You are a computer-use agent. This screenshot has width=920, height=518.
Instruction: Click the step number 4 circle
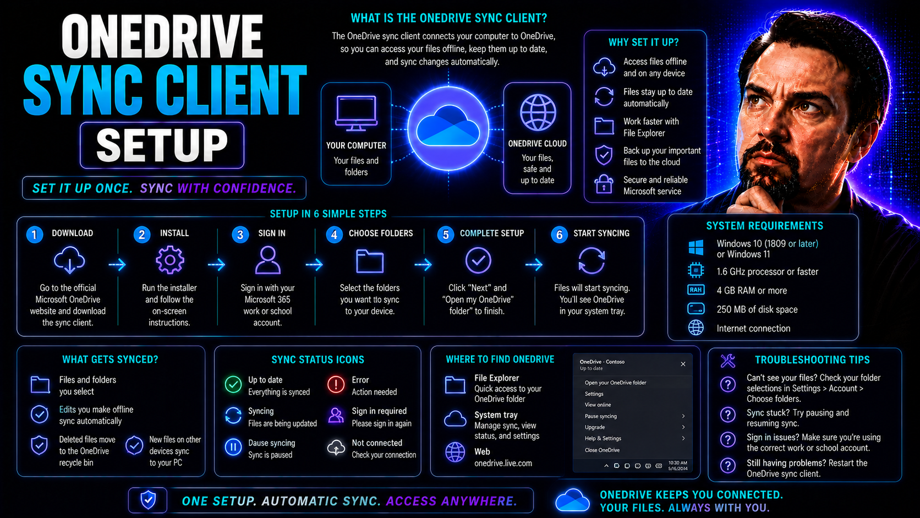pos(334,235)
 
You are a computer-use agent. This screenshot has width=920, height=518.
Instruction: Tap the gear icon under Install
pos(169,260)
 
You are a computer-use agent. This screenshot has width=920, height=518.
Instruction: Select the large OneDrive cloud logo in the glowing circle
pos(448,126)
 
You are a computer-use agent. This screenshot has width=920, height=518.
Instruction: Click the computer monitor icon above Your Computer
pos(356,113)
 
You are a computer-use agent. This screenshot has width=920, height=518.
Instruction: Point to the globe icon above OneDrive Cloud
pos(538,112)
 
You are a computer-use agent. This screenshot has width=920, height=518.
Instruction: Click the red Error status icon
pos(336,385)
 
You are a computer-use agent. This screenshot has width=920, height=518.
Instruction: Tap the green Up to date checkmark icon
pos(233,385)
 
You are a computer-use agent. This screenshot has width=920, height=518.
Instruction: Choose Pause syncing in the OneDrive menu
pos(600,416)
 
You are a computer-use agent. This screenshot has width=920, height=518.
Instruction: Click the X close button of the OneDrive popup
pos(683,364)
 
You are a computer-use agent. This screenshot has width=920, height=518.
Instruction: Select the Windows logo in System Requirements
pos(696,248)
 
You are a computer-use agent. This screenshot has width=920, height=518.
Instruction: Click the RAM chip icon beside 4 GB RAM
pos(696,290)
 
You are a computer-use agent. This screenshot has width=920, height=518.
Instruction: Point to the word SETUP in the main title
pos(162,145)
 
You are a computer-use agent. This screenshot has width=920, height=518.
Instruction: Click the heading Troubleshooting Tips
pos(812,360)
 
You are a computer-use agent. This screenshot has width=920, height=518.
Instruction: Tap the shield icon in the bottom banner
pos(148,500)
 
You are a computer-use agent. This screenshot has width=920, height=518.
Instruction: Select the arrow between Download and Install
pos(117,265)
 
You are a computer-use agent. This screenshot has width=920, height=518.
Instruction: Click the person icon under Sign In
pos(268,260)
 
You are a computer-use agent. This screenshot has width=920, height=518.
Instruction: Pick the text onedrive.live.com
pos(503,464)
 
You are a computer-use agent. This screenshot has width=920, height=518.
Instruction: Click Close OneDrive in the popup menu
pos(602,450)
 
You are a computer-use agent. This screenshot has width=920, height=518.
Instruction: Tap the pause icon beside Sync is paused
pos(233,448)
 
